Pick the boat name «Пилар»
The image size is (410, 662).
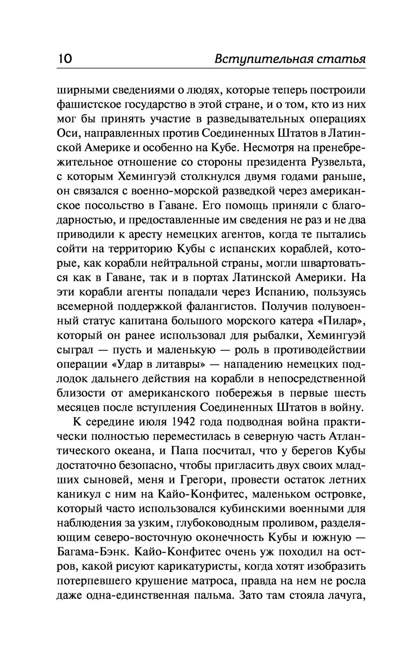click(336, 321)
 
